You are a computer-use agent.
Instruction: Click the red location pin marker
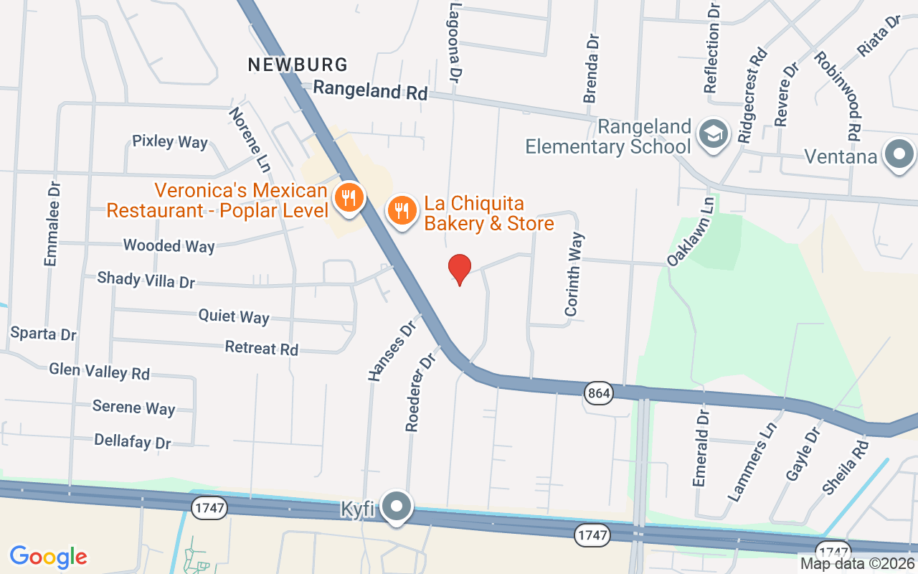point(460,269)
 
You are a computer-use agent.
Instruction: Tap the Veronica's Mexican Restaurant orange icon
point(349,196)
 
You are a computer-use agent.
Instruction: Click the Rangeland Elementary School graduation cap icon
point(714,133)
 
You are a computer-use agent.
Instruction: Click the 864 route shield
point(597,392)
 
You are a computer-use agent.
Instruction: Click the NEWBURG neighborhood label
point(298,65)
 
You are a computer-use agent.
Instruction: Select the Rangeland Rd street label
point(371,90)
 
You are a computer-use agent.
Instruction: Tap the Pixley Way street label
point(170,141)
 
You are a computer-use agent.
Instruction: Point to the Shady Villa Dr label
point(146,279)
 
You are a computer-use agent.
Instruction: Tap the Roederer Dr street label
point(421,392)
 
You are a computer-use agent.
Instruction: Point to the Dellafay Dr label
point(133,441)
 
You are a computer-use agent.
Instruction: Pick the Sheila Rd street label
point(846,466)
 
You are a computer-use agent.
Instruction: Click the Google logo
point(49,556)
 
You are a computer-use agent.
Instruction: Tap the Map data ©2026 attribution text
point(858,564)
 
